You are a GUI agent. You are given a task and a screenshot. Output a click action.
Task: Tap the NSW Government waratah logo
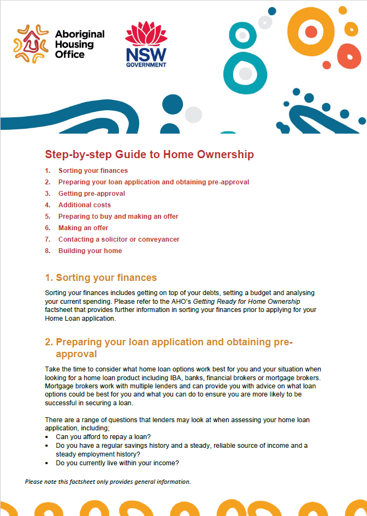146,34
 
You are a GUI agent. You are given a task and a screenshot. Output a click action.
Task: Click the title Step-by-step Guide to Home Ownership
149,154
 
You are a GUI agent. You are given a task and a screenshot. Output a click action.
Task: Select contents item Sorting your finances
93,171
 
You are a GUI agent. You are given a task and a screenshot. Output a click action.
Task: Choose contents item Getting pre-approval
92,194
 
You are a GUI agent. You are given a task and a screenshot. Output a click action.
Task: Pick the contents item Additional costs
85,205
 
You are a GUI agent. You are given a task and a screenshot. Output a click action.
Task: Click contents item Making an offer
84,228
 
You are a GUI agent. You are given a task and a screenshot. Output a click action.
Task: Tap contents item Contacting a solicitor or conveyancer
119,239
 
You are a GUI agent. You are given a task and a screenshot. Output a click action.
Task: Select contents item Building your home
90,251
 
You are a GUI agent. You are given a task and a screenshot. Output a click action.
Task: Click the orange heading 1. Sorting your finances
100,278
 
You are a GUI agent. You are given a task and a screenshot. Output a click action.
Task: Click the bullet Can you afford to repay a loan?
103,437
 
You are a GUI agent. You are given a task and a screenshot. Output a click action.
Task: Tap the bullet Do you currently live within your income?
117,463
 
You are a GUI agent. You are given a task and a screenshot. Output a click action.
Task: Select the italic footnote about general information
108,482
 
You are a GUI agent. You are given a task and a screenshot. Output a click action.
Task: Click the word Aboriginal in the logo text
80,34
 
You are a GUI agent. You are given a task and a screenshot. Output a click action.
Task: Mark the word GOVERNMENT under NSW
146,64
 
